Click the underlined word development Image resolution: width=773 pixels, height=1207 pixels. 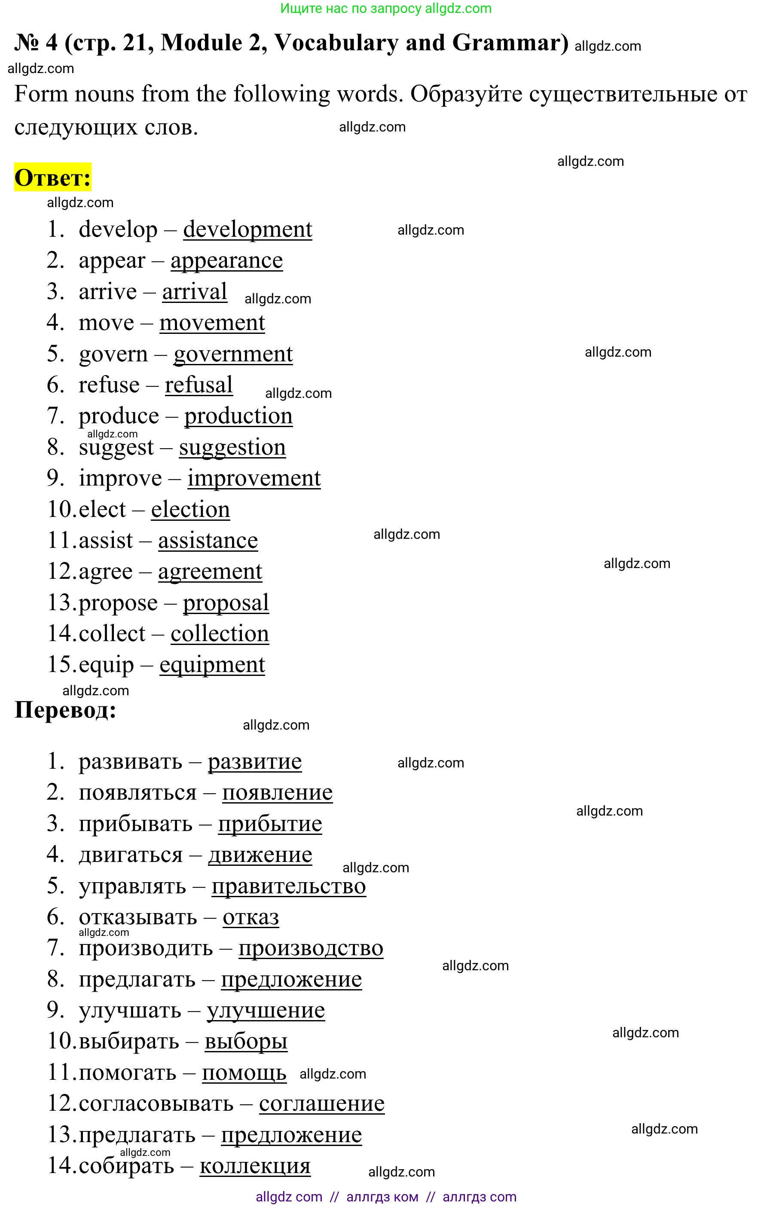pos(247,230)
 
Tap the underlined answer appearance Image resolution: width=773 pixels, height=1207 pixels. pos(226,261)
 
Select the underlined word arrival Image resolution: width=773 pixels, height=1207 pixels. pos(194,292)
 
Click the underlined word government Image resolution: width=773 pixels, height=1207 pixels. pos(233,354)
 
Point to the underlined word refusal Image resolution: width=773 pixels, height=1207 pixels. pos(199,385)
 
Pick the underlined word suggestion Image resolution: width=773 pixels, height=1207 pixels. pos(232,448)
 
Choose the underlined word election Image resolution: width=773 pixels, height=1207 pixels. pos(190,510)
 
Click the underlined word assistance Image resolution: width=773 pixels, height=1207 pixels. pos(208,541)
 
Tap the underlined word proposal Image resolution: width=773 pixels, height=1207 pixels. pos(226,603)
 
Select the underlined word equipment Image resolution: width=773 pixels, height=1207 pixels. pos(212,666)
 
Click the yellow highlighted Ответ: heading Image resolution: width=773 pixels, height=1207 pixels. pos(53,177)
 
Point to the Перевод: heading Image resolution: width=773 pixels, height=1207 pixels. pos(65,710)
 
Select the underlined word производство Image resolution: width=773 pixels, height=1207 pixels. pos(311,948)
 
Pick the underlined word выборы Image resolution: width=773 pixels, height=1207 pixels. pos(246,1042)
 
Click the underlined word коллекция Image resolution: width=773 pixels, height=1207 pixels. pos(255,1166)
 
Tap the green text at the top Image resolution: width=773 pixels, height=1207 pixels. pos(385,9)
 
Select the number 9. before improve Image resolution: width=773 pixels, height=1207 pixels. pos(55,479)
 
